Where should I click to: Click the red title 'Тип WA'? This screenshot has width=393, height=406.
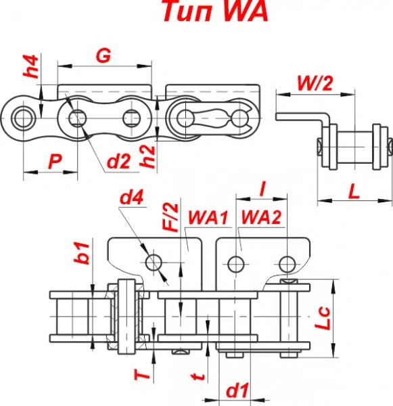pyautogui.click(x=216, y=11)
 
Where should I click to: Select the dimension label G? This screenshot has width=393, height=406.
pyautogui.click(x=103, y=55)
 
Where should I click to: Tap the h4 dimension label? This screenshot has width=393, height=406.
pyautogui.click(x=31, y=66)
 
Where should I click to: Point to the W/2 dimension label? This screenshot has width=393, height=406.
pyautogui.click(x=315, y=83)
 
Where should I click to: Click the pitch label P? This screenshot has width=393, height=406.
pyautogui.click(x=55, y=161)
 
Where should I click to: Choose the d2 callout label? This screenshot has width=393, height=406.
pyautogui.click(x=118, y=161)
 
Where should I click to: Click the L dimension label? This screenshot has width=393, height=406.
pyautogui.click(x=354, y=191)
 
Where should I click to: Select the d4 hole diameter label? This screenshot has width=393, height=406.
pyautogui.click(x=131, y=198)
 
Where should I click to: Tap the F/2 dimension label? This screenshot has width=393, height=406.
pyautogui.click(x=170, y=217)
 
